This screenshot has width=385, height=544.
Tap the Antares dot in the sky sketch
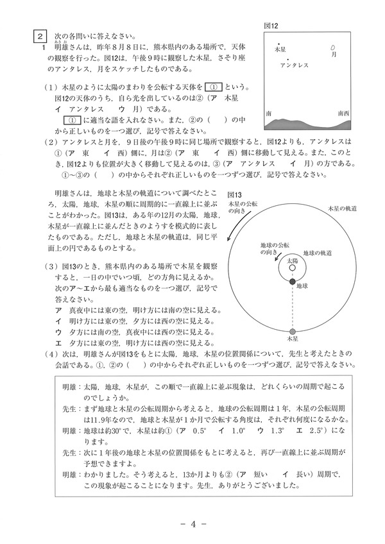[x=288, y=59]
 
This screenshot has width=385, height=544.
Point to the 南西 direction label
[x=343, y=113]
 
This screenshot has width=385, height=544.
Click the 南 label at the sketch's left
[x=268, y=113]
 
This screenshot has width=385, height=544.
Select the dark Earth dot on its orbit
[x=292, y=282]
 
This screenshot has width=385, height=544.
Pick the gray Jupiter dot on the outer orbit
[x=292, y=330]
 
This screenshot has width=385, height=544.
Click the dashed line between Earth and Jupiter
[x=292, y=307]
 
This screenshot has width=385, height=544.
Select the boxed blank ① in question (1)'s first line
[x=216, y=87]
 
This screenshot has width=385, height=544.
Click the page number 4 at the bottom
[x=192, y=523]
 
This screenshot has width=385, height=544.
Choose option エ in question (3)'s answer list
[x=59, y=343]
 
